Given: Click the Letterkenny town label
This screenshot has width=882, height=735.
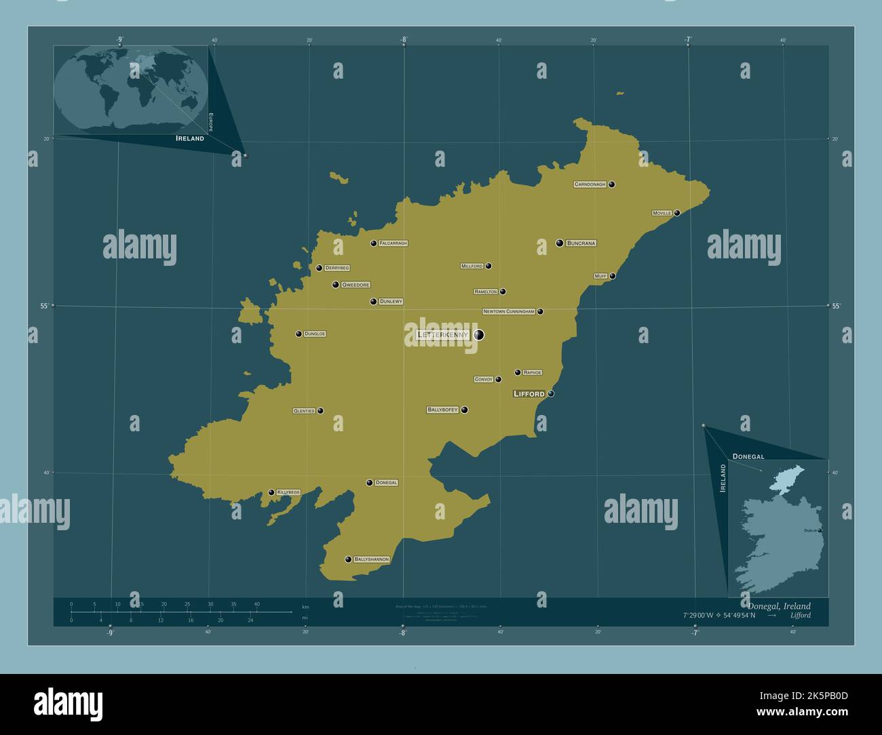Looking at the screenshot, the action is click(x=442, y=335).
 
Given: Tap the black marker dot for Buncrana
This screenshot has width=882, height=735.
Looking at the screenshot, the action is click(x=560, y=243).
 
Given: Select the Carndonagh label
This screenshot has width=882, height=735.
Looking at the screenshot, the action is click(x=590, y=184).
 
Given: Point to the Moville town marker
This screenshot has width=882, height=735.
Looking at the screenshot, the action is click(x=677, y=213).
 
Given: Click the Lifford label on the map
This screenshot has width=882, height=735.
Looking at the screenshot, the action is click(x=529, y=394).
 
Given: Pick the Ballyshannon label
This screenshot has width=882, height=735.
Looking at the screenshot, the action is click(x=371, y=559).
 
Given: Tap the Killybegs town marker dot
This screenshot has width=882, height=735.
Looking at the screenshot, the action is click(x=271, y=492).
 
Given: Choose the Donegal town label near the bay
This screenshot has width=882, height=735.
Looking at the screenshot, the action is click(x=386, y=483).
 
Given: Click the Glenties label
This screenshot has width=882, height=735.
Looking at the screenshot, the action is click(x=303, y=411).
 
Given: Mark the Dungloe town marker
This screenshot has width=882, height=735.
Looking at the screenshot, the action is click(x=299, y=334).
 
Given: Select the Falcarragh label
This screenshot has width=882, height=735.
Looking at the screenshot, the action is click(x=393, y=243).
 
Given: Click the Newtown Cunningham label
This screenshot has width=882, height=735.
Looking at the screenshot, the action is click(x=509, y=312).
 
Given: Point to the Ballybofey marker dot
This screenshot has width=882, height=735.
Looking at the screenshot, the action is click(x=465, y=410).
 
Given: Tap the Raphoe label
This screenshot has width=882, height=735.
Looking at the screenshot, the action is click(x=532, y=372).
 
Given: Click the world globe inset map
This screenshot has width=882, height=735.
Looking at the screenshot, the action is click(x=130, y=90).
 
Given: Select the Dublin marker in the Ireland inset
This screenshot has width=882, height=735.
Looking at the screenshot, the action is click(x=820, y=530).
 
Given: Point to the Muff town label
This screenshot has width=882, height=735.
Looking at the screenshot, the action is click(x=600, y=277).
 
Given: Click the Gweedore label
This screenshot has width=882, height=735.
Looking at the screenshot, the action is click(x=356, y=285).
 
